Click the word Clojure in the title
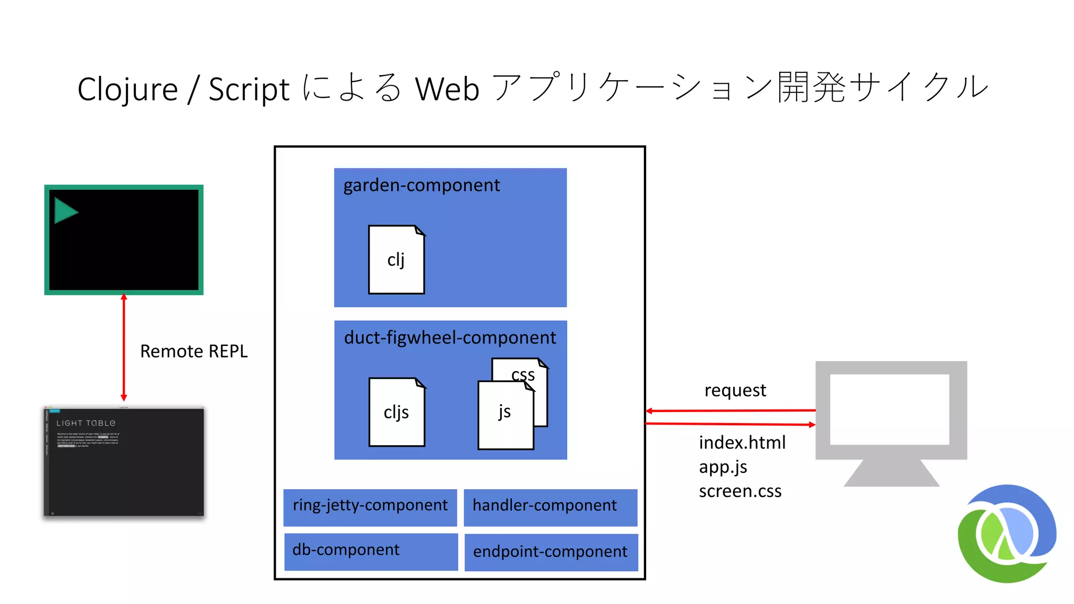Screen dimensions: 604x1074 127,89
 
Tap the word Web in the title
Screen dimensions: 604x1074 447,89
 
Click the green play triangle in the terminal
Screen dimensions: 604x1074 65,211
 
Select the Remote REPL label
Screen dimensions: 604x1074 194,351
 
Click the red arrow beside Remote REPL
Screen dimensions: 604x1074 124,347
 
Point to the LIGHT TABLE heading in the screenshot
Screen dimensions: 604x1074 86,423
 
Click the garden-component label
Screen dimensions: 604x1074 421,186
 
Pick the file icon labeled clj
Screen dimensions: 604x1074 396,260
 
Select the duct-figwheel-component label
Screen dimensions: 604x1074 449,338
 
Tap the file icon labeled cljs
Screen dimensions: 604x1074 396,412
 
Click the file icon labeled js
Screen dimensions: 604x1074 505,415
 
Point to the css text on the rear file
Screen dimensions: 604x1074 523,374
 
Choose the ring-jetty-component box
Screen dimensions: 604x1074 370,506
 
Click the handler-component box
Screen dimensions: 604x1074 550,506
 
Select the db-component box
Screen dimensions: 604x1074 371,551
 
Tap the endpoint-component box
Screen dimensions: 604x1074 551,552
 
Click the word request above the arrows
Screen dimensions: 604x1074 735,391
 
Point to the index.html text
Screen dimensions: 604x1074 742,443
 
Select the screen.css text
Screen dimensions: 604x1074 739,491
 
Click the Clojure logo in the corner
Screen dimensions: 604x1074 1006,534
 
